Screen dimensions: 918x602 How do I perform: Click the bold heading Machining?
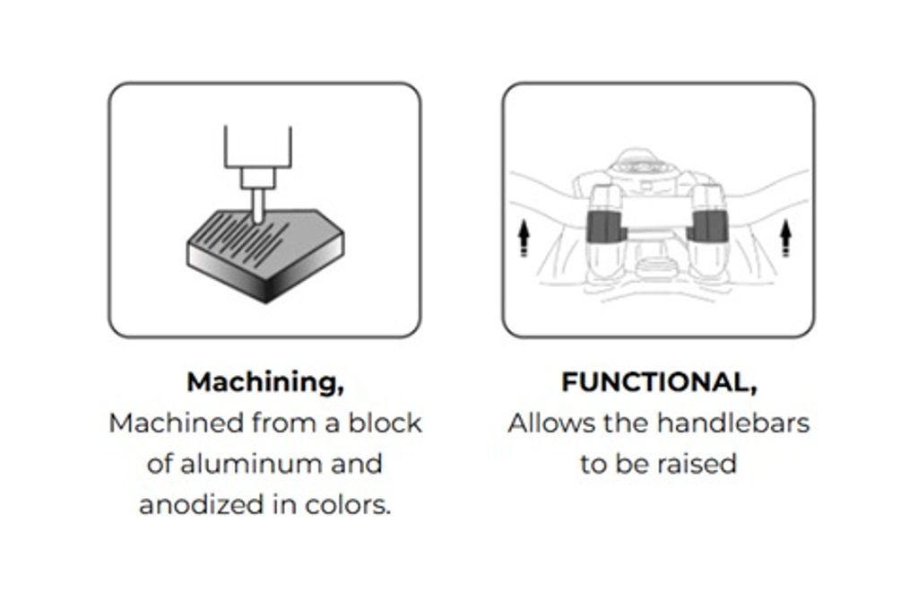point(265,383)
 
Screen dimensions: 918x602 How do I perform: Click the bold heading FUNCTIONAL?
point(659,383)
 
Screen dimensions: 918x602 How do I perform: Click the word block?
point(385,423)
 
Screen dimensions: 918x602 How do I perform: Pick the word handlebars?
point(732,423)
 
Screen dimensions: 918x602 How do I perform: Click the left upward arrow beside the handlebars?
point(524,238)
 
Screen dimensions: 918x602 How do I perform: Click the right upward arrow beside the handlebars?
point(785,238)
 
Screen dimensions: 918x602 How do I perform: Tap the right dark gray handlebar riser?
point(708,226)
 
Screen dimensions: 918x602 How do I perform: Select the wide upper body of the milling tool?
point(257,146)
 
